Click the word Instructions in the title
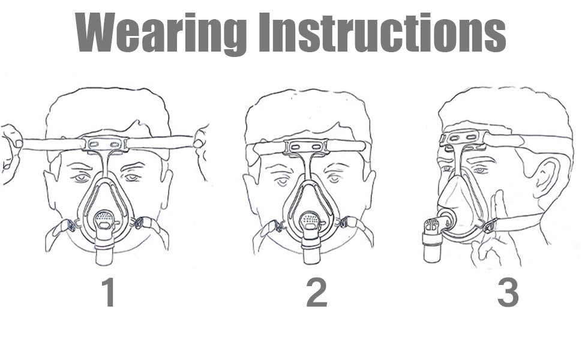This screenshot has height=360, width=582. coord(382,32)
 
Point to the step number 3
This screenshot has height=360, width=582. coord(508,293)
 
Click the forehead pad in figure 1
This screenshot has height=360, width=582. coord(106,143)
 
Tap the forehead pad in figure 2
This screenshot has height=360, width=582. coord(306,147)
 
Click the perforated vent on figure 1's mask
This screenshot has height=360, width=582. coord(104,218)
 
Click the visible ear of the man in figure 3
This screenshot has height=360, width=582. coord(544,176)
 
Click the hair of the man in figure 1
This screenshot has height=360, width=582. coord(107,112)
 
